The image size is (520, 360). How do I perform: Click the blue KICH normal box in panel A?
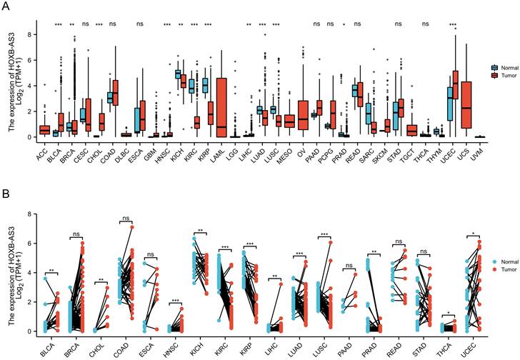tap(178, 74)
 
